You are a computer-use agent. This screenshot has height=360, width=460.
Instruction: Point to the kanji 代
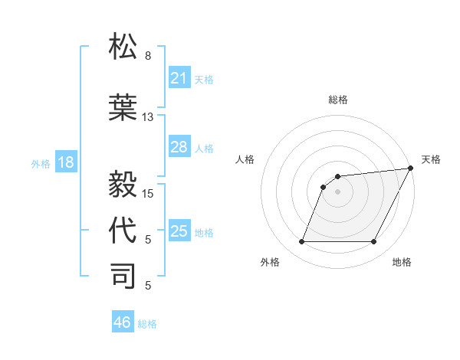pyautogui.click(x=123, y=230)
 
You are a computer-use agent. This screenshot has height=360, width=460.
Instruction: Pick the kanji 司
pyautogui.click(x=123, y=276)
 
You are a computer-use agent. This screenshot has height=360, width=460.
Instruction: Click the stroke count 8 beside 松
pyautogui.click(x=148, y=56)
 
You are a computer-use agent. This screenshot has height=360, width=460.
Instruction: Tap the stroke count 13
pyautogui.click(x=148, y=117)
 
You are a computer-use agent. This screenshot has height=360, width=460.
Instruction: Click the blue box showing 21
pyautogui.click(x=179, y=78)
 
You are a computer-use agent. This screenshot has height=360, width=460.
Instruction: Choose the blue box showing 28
pyautogui.click(x=179, y=147)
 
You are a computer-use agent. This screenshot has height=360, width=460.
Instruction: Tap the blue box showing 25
pyautogui.click(x=179, y=231)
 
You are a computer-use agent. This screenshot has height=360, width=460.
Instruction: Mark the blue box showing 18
pyautogui.click(x=65, y=162)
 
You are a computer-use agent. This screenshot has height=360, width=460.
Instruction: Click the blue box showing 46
pyautogui.click(x=123, y=322)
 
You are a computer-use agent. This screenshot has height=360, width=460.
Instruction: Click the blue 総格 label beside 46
pyautogui.click(x=147, y=324)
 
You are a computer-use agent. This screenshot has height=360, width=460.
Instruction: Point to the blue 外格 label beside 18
pyautogui.click(x=41, y=164)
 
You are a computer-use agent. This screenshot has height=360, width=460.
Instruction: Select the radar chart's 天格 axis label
pyautogui.click(x=431, y=159)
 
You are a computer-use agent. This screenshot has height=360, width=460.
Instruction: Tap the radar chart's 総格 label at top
pyautogui.click(x=337, y=100)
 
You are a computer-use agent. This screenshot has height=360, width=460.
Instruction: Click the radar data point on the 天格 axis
pyautogui.click(x=411, y=169)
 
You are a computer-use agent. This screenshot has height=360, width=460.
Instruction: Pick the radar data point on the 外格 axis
pyautogui.click(x=301, y=242)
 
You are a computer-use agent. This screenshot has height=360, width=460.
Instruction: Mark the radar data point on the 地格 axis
pyautogui.click(x=373, y=242)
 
